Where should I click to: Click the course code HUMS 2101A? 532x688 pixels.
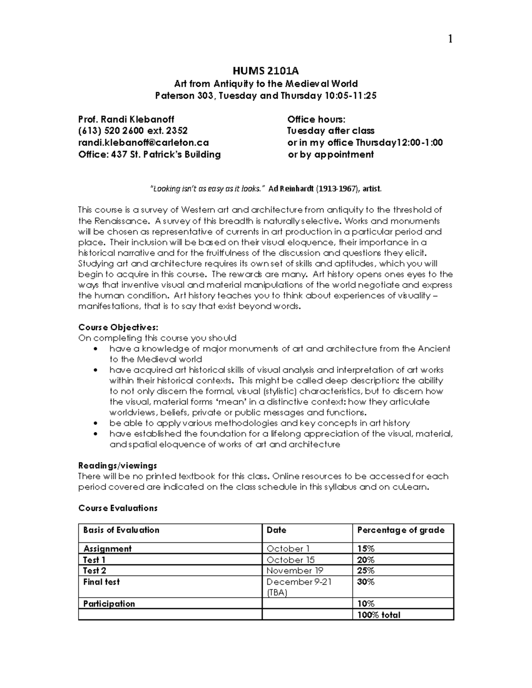266,71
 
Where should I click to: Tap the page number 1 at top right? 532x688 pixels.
450,39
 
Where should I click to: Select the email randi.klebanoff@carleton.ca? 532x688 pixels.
143,143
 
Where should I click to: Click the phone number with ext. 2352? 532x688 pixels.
133,131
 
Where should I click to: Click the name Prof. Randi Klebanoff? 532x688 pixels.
126,119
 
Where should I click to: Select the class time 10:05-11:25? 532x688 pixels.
351,96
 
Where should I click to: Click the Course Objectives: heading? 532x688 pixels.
118,327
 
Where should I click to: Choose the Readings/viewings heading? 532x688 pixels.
117,466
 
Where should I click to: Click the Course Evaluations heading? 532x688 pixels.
117,508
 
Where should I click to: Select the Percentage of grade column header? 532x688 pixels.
400,530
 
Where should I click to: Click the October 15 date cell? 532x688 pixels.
290,560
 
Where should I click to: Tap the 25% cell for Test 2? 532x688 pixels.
366,571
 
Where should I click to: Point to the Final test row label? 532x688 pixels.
102,582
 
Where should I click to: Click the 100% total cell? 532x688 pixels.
379,615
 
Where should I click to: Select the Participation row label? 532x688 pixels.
109,603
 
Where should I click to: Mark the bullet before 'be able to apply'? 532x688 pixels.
95,424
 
